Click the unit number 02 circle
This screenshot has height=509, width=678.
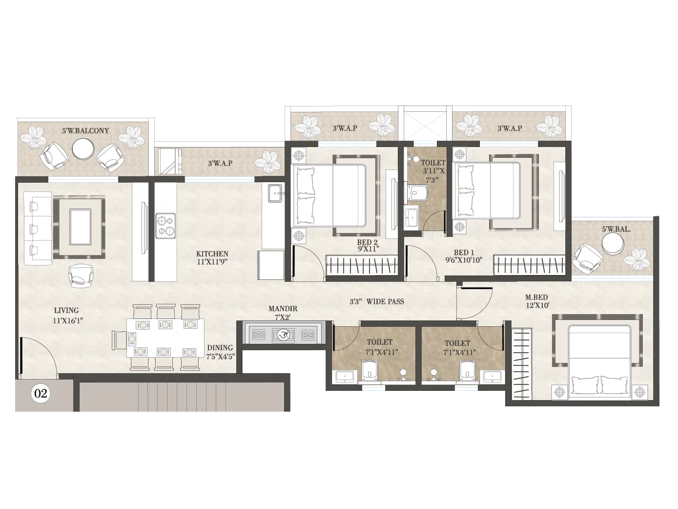click(x=41, y=393)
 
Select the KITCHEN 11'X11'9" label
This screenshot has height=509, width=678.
click(x=212, y=257)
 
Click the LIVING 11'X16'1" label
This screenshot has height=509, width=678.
click(x=66, y=315)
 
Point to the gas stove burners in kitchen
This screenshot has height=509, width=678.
click(x=165, y=226)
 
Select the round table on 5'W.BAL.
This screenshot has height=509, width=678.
click(x=612, y=244)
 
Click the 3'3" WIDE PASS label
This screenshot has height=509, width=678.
click(x=376, y=301)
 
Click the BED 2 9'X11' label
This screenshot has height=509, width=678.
click(x=368, y=245)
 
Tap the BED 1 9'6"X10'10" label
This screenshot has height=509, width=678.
click(x=463, y=256)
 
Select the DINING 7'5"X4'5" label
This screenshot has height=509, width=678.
click(x=220, y=352)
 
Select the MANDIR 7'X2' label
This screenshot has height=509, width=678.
click(x=283, y=313)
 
